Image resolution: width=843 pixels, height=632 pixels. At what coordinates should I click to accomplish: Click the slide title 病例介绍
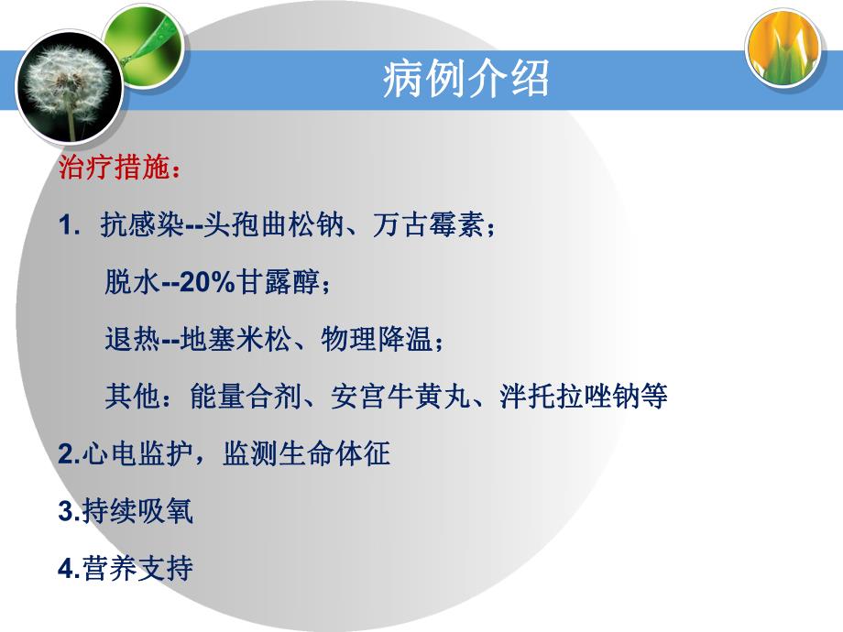point(465,81)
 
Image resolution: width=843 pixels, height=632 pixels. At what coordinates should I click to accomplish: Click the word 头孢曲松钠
point(272,226)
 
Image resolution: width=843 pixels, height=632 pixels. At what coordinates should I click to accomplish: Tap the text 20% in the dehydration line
point(209,283)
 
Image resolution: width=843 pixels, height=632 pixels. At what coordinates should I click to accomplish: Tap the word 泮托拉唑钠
point(562,398)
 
